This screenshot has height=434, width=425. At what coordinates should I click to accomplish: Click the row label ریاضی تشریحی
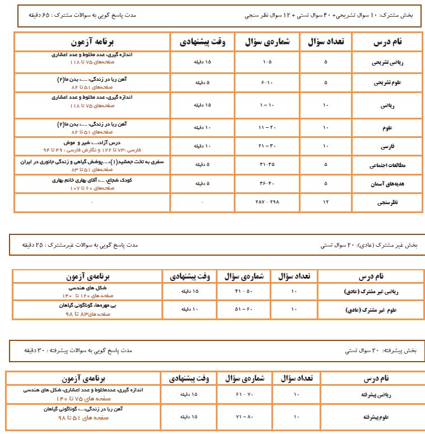[388, 64]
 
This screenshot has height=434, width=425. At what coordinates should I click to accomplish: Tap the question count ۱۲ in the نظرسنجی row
[326, 201]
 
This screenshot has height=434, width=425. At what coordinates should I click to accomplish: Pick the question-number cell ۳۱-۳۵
[266, 165]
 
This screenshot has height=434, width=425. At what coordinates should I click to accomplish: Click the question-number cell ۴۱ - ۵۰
[244, 291]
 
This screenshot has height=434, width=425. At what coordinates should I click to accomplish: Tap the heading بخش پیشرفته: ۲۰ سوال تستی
[381, 350]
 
